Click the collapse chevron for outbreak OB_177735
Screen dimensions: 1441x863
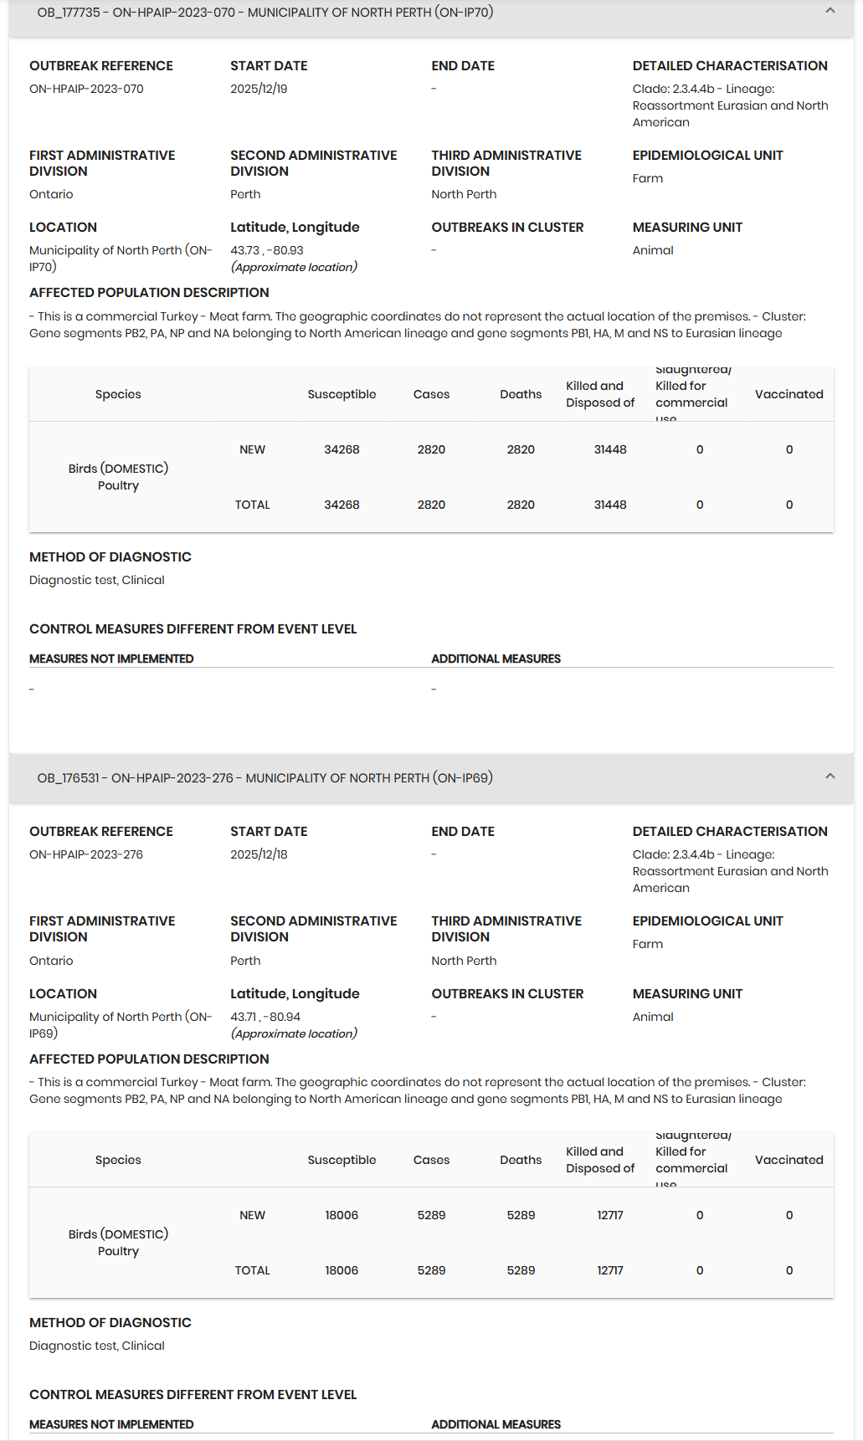[x=830, y=11]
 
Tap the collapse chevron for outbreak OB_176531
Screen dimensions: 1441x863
[x=830, y=777]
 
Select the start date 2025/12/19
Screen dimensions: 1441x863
[x=259, y=89]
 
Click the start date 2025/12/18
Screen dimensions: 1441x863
[x=259, y=854]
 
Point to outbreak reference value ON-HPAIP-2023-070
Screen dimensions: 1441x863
[x=86, y=89]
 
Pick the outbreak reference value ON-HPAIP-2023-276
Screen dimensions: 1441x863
[x=86, y=854]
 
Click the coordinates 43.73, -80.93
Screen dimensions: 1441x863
[x=267, y=250]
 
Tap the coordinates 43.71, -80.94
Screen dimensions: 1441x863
[x=265, y=1017]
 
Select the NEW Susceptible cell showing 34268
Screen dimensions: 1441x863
[x=342, y=449]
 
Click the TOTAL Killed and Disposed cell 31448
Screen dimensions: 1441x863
[x=610, y=505]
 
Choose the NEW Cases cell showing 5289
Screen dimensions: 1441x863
[x=431, y=1215]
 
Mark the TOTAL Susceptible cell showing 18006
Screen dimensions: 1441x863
[x=342, y=1270]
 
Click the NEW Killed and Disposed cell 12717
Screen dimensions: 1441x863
[x=610, y=1215]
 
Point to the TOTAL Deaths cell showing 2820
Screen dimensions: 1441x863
[x=521, y=505]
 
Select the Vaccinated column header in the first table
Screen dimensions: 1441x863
[x=789, y=394]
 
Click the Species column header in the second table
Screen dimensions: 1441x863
[x=118, y=1160]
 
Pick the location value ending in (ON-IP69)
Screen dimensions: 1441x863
[x=120, y=1025]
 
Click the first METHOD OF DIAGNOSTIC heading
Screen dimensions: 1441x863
[x=110, y=557]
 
